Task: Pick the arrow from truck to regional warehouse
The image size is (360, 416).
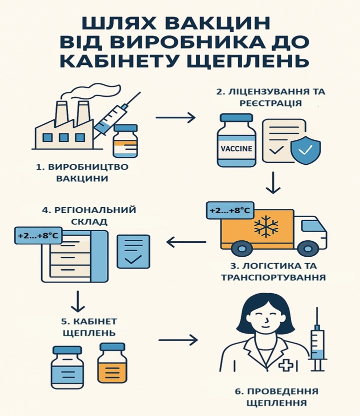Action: coord(186,243)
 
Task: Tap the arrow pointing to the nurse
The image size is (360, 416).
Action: coord(178,340)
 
